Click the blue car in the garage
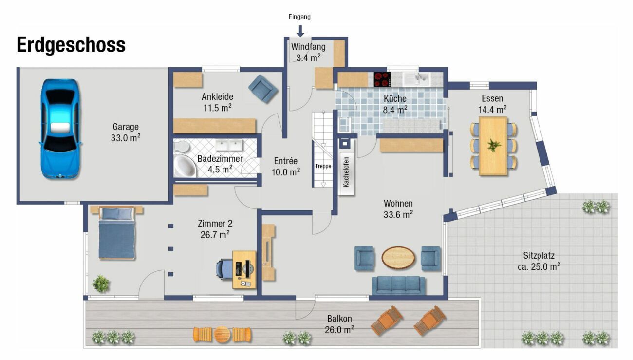(x=60, y=129)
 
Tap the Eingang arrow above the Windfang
(x=300, y=31)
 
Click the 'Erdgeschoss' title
(x=71, y=45)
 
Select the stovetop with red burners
(x=382, y=79)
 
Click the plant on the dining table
(x=494, y=146)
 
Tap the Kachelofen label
(x=346, y=171)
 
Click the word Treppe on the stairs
(x=323, y=166)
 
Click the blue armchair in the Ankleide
(x=263, y=89)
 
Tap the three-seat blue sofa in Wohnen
(x=398, y=285)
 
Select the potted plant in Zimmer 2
(x=101, y=284)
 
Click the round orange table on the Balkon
(x=222, y=335)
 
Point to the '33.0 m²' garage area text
(x=126, y=138)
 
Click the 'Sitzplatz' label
(x=539, y=256)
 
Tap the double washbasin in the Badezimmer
(x=229, y=145)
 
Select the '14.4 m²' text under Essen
(x=492, y=110)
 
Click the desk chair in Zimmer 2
(x=224, y=269)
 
